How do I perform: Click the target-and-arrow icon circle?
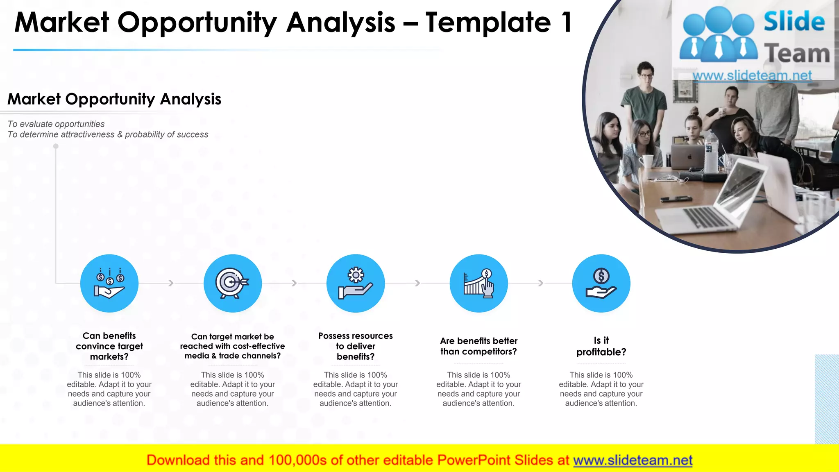tap(232, 283)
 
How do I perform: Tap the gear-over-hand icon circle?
tap(356, 283)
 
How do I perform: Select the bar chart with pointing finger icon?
tap(478, 283)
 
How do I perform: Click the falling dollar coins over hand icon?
tap(109, 283)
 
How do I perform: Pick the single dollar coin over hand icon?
tap(601, 283)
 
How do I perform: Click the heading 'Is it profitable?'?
tap(601, 346)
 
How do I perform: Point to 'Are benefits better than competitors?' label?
tap(478, 346)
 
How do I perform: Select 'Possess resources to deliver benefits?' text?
tap(356, 346)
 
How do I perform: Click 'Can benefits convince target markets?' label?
tap(109, 346)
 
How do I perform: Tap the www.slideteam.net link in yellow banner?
tap(633, 460)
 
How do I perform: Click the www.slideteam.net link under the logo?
tap(752, 75)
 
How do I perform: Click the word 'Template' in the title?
tap(488, 23)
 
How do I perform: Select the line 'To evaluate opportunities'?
tap(56, 124)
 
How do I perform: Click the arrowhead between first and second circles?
tap(171, 283)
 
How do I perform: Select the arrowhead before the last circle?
tap(541, 283)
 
